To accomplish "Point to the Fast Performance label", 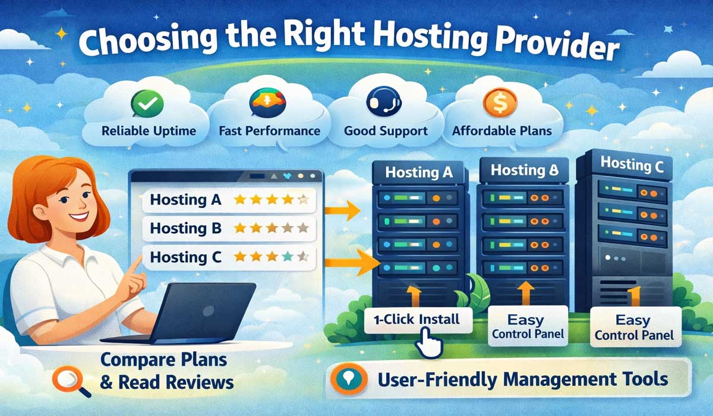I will pyautogui.click(x=269, y=131).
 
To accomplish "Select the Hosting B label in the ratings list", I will pyautogui.click(x=185, y=228).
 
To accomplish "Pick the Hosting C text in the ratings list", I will pyautogui.click(x=185, y=257).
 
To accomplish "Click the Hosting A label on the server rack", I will pyautogui.click(x=419, y=173).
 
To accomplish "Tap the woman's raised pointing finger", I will pyautogui.click(x=136, y=261).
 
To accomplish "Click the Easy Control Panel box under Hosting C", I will pyautogui.click(x=634, y=328).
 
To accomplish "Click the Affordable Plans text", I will pyautogui.click(x=501, y=131).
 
